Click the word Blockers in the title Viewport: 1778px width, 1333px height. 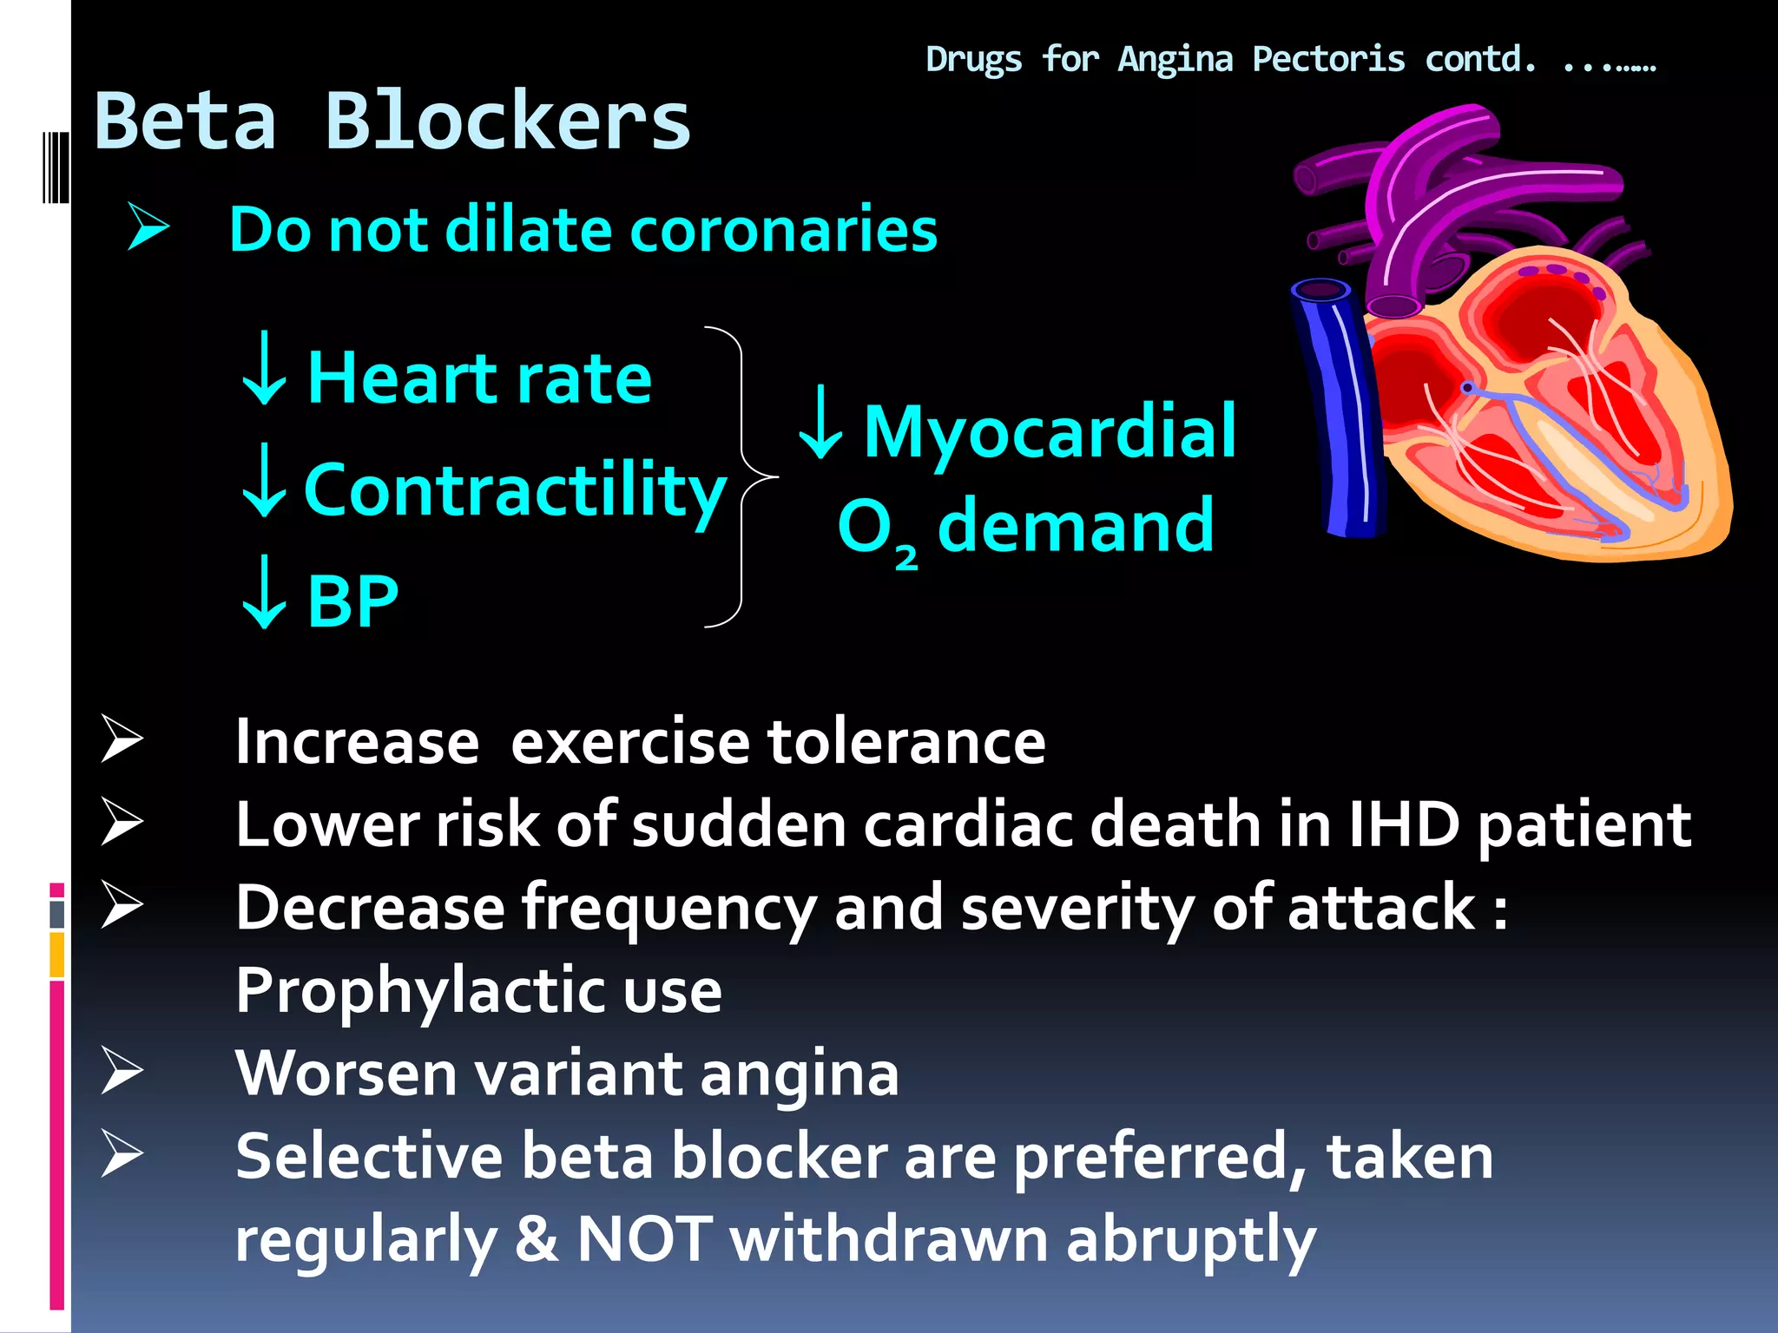(x=507, y=121)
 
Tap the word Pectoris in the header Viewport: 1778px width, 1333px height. (x=1327, y=59)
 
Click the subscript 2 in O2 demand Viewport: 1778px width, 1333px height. (x=905, y=556)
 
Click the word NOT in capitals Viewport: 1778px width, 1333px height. (x=644, y=1238)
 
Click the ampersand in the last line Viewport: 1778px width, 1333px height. (x=537, y=1238)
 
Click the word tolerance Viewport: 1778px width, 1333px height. (x=906, y=742)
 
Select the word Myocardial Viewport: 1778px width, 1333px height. (x=1050, y=431)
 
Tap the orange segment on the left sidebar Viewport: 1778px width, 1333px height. (x=57, y=955)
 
